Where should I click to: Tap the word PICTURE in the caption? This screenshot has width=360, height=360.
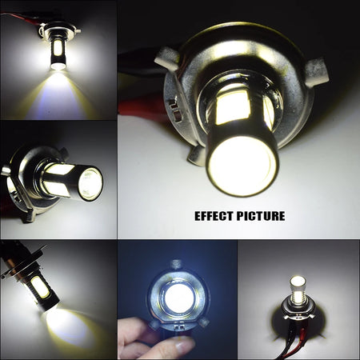pyautogui.click(x=262, y=215)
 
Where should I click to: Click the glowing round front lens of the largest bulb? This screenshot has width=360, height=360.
pyautogui.click(x=242, y=164)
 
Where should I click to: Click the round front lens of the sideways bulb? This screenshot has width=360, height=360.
pyautogui.click(x=90, y=185)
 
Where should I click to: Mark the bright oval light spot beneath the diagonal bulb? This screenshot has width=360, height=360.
pyautogui.click(x=68, y=324)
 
